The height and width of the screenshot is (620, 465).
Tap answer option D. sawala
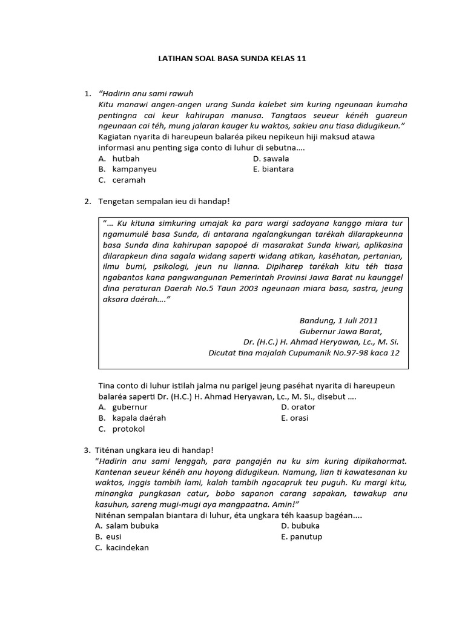pyautogui.click(x=271, y=158)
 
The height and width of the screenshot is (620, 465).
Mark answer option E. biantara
pyautogui.click(x=273, y=169)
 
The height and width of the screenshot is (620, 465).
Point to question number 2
pyautogui.click(x=87, y=201)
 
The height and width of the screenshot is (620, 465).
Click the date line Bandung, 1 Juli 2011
pyautogui.click(x=339, y=320)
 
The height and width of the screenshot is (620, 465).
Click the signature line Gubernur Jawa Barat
pyautogui.click(x=341, y=331)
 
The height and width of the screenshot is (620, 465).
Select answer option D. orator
pyautogui.click(x=298, y=407)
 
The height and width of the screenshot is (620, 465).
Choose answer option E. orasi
pyautogui.click(x=295, y=418)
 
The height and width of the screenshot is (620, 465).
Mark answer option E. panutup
pyautogui.click(x=302, y=536)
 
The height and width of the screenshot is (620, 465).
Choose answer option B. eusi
pyautogui.click(x=109, y=536)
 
